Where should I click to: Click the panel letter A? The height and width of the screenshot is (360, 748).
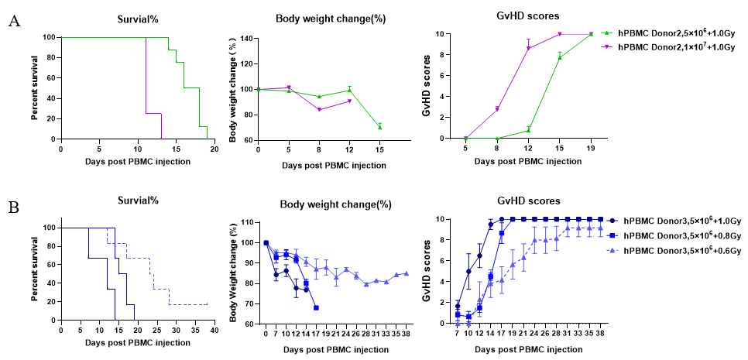tap(13, 21)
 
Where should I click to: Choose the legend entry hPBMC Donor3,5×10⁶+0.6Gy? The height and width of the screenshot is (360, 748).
tap(677, 252)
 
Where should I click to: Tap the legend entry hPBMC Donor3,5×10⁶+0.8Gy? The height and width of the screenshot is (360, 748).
tap(677, 236)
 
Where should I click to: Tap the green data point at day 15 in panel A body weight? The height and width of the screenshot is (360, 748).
tap(379, 127)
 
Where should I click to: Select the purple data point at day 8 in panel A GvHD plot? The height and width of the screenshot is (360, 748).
tap(497, 109)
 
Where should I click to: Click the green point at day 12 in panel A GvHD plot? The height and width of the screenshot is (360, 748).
tap(528, 129)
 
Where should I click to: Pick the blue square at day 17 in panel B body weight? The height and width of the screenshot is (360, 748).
tap(316, 307)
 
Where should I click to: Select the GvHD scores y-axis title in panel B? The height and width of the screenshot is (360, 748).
tap(424, 269)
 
